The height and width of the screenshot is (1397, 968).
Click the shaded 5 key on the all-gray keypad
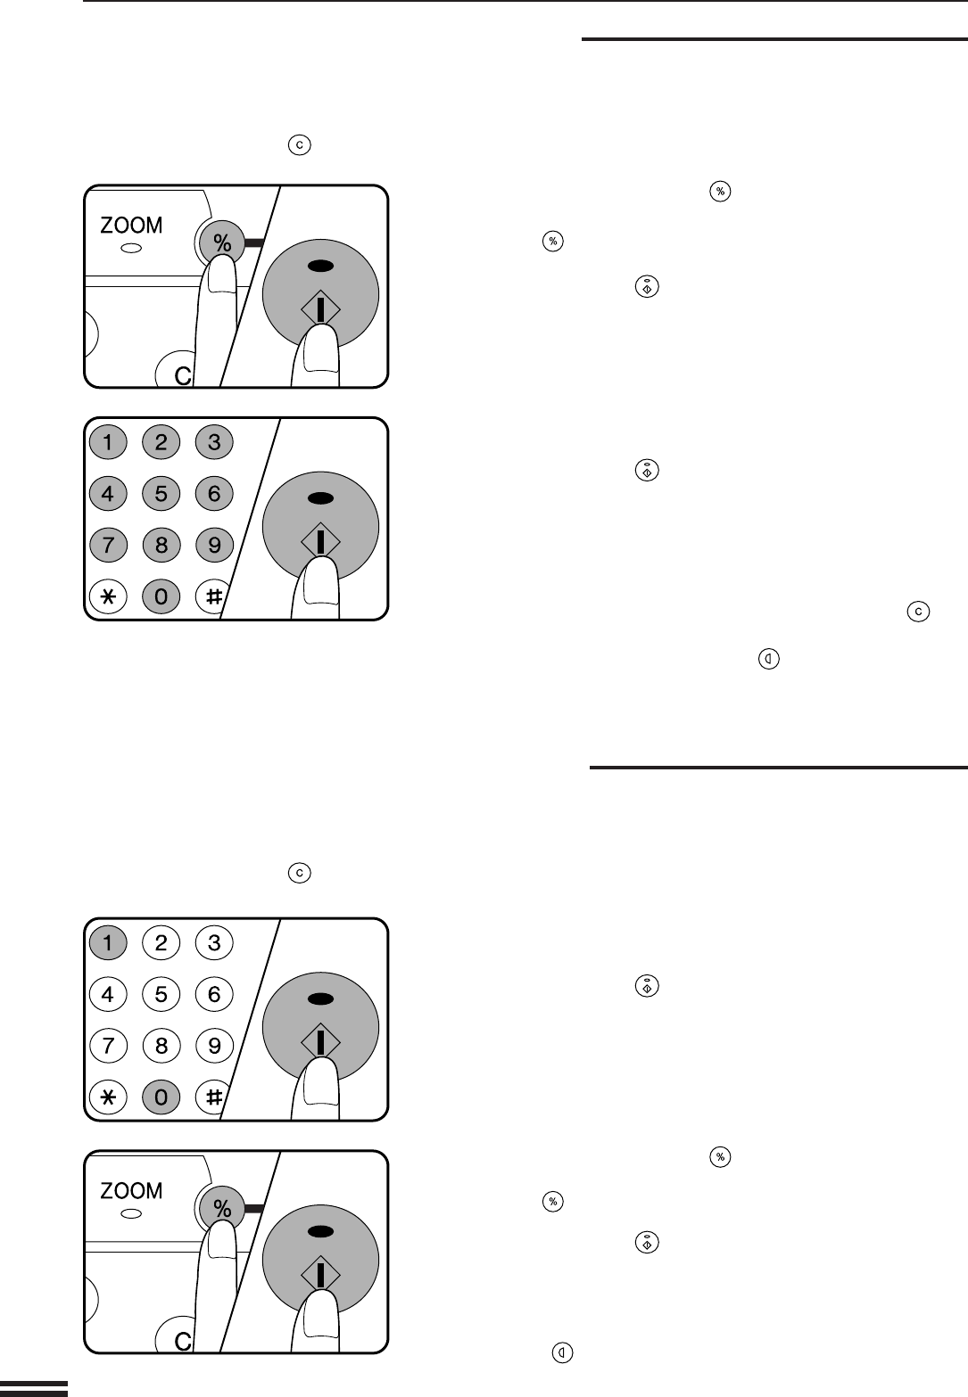pyautogui.click(x=161, y=493)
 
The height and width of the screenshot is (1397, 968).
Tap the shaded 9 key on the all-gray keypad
pyautogui.click(x=214, y=545)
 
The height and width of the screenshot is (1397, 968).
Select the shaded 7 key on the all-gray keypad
pyautogui.click(x=108, y=545)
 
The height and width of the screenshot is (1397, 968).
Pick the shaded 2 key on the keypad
pyautogui.click(x=161, y=442)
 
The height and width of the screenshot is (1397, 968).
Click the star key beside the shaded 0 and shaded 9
pyautogui.click(x=108, y=596)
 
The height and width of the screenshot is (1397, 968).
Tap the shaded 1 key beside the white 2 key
pyautogui.click(x=108, y=942)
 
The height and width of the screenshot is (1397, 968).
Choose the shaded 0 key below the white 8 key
pyautogui.click(x=161, y=1097)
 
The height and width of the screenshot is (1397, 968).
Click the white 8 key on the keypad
pyautogui.click(x=161, y=1045)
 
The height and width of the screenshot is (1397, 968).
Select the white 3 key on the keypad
pyautogui.click(x=214, y=942)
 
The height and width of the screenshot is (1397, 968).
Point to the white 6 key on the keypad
pyautogui.click(x=214, y=993)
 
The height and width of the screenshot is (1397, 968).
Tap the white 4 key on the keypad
pyautogui.click(x=108, y=993)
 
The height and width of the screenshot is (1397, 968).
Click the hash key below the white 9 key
pyautogui.click(x=211, y=1097)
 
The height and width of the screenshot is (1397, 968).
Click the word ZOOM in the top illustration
pyautogui.click(x=131, y=226)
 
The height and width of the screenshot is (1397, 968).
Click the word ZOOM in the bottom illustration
pyautogui.click(x=131, y=1190)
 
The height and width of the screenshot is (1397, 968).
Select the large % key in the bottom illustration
pyautogui.click(x=222, y=1206)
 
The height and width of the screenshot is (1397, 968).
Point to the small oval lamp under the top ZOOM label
pyautogui.click(x=131, y=248)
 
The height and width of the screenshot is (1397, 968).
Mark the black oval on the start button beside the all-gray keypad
pyautogui.click(x=321, y=498)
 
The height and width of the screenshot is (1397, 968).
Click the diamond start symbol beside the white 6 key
pyautogui.click(x=321, y=1040)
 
